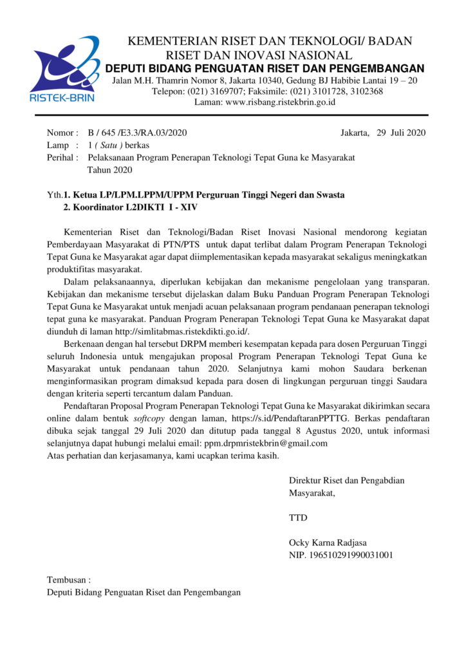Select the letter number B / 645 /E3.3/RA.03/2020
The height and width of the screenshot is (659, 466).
[x=137, y=133]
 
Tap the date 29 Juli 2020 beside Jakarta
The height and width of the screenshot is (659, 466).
[x=401, y=133]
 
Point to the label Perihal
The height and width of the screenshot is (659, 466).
[x=62, y=158]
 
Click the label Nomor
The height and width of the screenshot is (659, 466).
[x=62, y=133]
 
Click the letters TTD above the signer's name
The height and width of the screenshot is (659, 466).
[x=298, y=517]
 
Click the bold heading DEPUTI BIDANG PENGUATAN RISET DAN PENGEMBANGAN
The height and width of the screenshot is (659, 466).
[x=265, y=69]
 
